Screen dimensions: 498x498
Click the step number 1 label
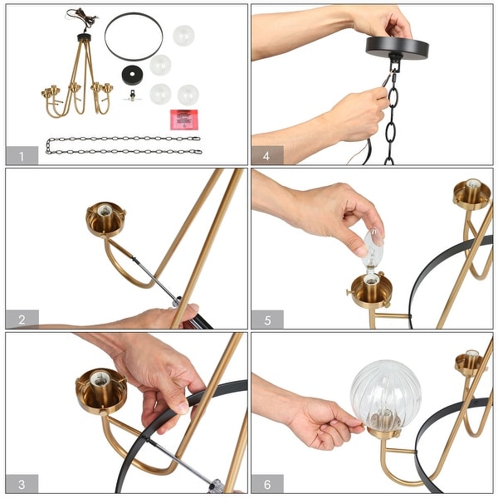22,155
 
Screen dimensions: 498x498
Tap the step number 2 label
22,319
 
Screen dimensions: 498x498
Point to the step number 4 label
267,155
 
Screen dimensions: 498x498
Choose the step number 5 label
267,319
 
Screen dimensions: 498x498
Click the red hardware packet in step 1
183,118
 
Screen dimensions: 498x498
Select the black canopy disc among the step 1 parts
131,74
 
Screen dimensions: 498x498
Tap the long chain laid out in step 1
123,145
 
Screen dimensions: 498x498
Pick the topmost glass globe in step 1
183,36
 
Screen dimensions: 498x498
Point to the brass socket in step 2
105,219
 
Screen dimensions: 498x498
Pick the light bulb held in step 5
373,243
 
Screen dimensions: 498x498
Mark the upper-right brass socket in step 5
471,193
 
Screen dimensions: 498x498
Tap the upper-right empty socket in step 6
470,363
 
